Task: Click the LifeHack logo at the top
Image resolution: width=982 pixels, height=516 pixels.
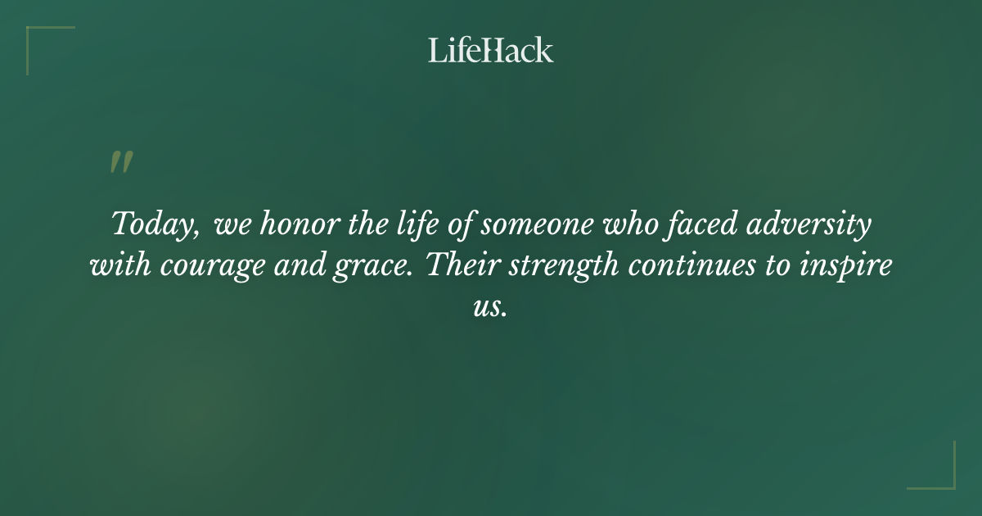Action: click(x=491, y=50)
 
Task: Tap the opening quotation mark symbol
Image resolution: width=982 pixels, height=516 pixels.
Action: click(x=121, y=163)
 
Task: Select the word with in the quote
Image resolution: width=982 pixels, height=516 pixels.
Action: click(x=117, y=266)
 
